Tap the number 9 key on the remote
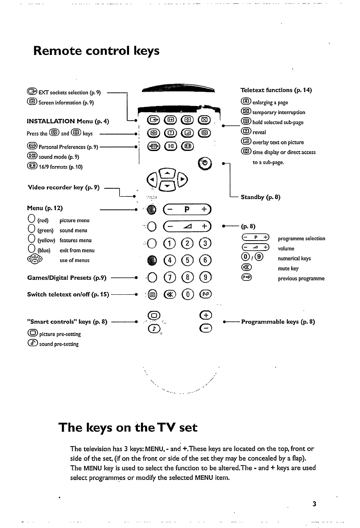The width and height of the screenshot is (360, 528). tap(206, 277)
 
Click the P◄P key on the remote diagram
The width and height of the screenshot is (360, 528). tap(206, 295)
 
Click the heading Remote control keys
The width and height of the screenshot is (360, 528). tap(96, 51)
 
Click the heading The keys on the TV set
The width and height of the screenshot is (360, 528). tap(128, 428)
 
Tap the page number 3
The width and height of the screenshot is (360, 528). tap(314, 504)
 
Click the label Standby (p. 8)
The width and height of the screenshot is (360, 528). tap(260, 197)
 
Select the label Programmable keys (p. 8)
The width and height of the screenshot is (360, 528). tap(278, 322)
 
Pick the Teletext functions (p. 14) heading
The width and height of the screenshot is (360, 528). tap(276, 90)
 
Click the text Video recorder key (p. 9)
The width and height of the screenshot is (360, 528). tap(64, 188)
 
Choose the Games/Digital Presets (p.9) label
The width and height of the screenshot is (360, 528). tap(67, 277)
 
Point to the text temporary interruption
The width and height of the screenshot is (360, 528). tap(279, 112)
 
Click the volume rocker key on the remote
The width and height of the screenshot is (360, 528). tap(187, 226)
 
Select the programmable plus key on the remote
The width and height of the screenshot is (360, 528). tap(206, 315)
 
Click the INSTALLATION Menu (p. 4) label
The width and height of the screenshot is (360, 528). tap(68, 121)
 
